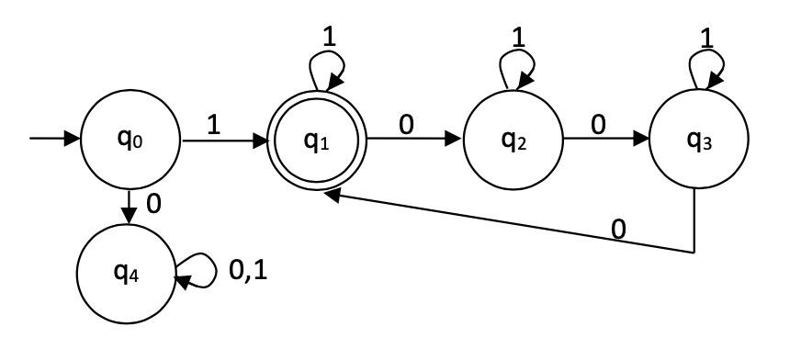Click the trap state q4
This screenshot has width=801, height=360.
point(126,272)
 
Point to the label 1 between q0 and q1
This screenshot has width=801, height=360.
point(213,124)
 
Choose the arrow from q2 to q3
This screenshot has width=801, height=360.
point(606,141)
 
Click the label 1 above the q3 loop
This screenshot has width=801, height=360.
point(706,39)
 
